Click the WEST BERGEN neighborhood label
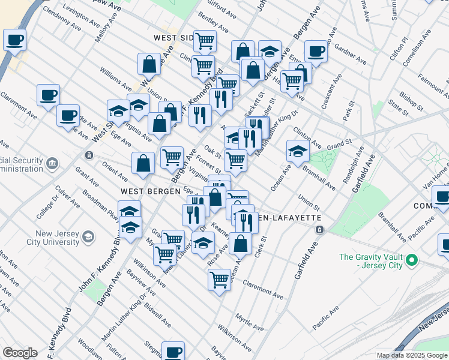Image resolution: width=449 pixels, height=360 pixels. click(x=150, y=191)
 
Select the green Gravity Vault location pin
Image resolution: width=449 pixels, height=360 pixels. click(x=411, y=261)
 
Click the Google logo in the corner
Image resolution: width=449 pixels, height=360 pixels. click(x=20, y=353)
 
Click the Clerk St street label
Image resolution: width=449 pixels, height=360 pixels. click(x=260, y=246)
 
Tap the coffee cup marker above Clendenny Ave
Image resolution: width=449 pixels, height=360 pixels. click(x=14, y=41)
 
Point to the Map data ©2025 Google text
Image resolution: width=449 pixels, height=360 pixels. click(x=411, y=355)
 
